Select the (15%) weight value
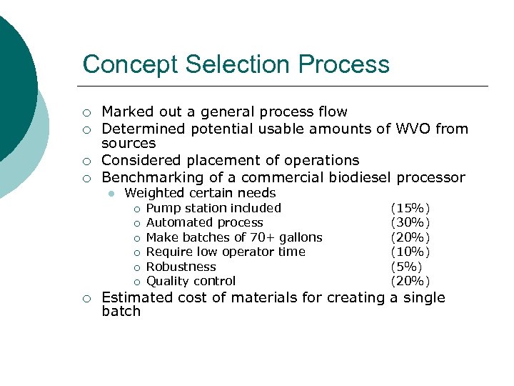[x=410, y=208]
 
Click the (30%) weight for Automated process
[x=410, y=222]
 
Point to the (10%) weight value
[x=410, y=252]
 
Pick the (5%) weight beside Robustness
[x=407, y=267]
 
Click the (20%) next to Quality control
[x=410, y=281]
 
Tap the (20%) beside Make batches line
[x=410, y=237]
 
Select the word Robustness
[x=181, y=267]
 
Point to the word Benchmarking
[x=151, y=177]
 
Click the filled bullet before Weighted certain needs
[x=112, y=194]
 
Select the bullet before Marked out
[x=86, y=112]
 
